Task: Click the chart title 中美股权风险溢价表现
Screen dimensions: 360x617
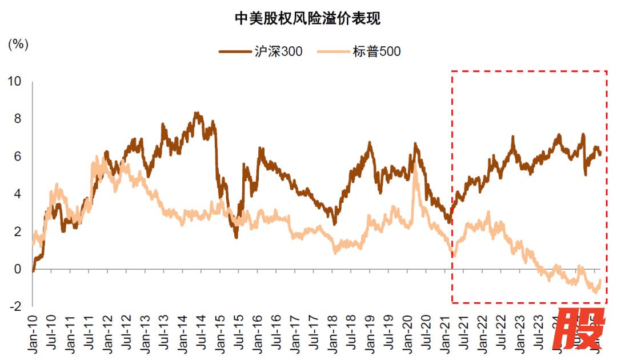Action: (308, 19)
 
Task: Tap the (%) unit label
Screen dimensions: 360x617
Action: (18, 44)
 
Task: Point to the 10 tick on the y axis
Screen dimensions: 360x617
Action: (14, 81)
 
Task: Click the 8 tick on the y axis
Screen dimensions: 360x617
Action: (17, 119)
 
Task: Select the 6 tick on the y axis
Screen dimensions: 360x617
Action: (17, 156)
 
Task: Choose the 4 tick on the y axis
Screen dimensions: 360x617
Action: (17, 194)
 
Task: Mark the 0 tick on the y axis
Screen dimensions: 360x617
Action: (17, 269)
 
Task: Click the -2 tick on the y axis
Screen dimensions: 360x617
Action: (15, 306)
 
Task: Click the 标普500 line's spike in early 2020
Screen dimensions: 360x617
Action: (415, 171)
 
